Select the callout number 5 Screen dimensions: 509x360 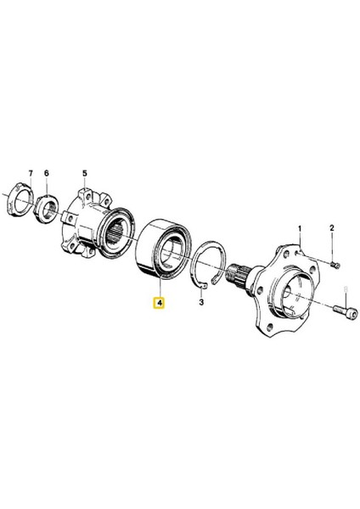(x=85, y=173)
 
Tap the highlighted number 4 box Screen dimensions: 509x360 (x=159, y=301)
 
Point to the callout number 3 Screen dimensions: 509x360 (x=202, y=301)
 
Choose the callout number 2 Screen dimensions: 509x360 (x=332, y=227)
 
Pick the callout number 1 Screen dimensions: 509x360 (x=299, y=227)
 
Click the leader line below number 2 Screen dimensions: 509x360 (x=332, y=243)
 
